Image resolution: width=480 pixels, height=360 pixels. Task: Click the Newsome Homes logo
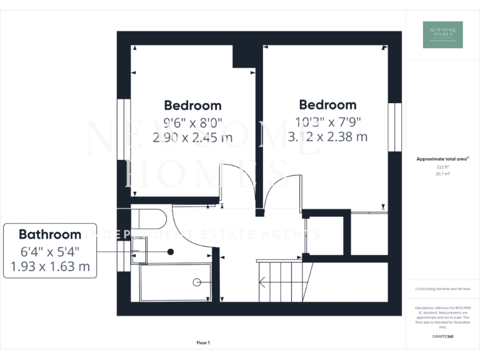442,34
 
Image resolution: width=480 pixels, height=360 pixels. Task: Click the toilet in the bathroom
149,219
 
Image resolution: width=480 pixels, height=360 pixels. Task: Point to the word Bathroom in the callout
50,235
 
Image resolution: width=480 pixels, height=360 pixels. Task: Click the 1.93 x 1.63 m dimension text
50,267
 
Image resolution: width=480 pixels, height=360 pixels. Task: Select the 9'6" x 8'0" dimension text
192,122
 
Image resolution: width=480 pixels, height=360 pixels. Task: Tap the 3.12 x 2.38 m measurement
327,136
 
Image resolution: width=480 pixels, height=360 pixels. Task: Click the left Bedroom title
192,105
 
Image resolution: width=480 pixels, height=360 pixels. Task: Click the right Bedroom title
327,104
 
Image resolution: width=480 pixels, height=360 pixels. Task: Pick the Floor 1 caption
203,342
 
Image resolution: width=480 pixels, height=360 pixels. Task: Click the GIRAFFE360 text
442,337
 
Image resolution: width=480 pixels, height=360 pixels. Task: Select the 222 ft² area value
442,167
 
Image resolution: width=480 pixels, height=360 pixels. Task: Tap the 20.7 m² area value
442,174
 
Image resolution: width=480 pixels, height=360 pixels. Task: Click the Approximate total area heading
442,159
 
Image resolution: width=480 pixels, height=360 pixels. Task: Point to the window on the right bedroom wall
395,127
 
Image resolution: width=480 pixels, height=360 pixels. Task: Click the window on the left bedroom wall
123,128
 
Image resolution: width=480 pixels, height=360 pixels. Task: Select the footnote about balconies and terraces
442,289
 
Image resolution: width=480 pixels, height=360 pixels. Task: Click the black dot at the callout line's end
170,252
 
